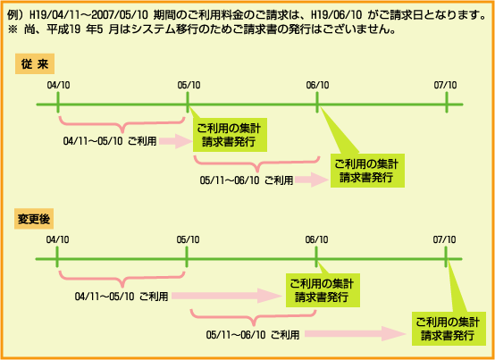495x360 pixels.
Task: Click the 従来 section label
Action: tap(35, 64)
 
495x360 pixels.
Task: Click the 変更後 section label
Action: tap(34, 219)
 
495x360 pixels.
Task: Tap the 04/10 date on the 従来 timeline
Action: tap(58, 85)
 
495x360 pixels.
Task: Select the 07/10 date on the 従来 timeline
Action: tap(445, 85)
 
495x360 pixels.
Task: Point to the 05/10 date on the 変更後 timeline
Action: tap(188, 239)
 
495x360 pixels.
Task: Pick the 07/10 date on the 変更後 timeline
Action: tap(444, 239)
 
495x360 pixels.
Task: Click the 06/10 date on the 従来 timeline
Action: tap(317, 85)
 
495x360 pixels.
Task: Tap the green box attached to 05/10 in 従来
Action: tap(230, 135)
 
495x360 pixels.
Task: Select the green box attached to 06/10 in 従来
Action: tap(367, 171)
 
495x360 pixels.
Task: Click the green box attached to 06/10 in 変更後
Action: tap(323, 290)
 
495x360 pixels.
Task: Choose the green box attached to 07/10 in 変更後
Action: tap(449, 329)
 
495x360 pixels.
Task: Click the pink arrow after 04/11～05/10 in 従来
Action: tap(176, 141)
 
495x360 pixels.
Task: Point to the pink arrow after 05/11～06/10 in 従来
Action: tap(312, 180)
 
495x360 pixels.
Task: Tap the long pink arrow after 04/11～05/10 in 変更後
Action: tap(227, 296)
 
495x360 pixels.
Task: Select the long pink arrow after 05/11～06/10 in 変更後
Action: tap(356, 333)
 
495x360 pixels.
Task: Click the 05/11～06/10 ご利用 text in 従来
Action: tap(247, 180)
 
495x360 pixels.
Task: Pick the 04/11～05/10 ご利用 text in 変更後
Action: tap(122, 297)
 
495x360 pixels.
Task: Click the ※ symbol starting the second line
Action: tap(13, 29)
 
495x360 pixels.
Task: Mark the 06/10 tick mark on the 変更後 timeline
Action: tap(316, 256)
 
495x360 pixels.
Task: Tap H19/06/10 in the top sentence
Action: tap(337, 15)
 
